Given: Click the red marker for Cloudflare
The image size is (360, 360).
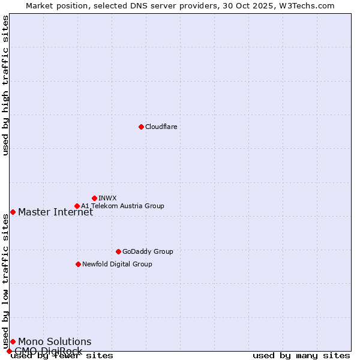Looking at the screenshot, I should tap(141, 127).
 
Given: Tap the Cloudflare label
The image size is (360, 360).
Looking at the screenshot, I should tap(161, 127).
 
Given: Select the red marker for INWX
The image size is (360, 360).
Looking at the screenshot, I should tap(94, 198).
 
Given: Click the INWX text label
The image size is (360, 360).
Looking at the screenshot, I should tap(107, 198).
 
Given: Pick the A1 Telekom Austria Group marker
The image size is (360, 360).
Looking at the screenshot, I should tap(77, 206).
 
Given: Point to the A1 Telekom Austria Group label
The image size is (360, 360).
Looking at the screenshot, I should tap(122, 206).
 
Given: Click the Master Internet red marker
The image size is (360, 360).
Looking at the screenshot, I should tap(13, 212).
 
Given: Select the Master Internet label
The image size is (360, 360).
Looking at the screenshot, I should tap(55, 212).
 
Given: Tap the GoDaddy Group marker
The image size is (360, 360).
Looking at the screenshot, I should tap(118, 251).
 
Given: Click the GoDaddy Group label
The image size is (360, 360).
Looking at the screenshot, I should tap(148, 251).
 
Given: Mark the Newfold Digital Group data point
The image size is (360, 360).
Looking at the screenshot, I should tap(78, 264).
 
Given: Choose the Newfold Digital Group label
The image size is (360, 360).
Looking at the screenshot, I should tap(117, 264).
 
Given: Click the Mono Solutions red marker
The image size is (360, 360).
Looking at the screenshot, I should tap(13, 341).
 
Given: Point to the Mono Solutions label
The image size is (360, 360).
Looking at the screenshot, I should tap(55, 341).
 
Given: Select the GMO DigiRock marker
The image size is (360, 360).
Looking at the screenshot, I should tap(9, 351).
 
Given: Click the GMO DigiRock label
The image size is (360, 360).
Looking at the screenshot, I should tap(48, 351).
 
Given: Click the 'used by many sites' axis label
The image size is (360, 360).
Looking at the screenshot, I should tap(301, 356).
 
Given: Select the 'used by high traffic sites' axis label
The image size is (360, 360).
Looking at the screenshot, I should tap(6, 85).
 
